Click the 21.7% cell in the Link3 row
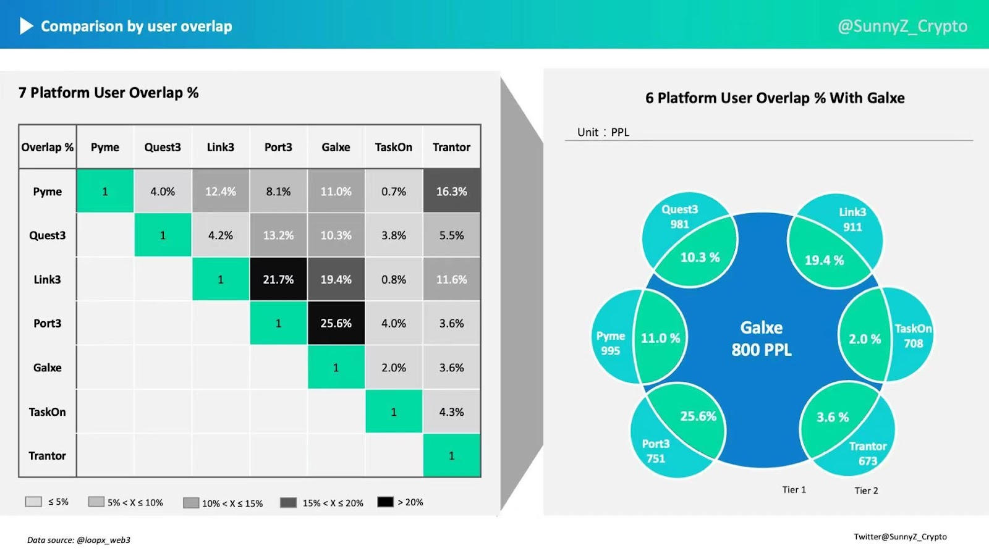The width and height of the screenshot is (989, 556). click(278, 279)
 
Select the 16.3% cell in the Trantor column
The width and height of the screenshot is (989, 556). click(451, 192)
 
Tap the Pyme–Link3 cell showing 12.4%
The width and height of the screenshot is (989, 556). click(221, 192)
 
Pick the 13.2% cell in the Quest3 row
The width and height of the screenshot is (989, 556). click(278, 235)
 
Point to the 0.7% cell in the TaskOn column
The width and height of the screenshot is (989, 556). click(394, 192)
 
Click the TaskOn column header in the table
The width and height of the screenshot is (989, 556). click(394, 147)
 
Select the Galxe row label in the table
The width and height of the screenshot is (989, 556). click(48, 368)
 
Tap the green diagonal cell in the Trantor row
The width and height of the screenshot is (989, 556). click(451, 456)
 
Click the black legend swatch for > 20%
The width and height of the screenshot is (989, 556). click(385, 502)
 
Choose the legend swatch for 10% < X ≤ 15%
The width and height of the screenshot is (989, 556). click(191, 503)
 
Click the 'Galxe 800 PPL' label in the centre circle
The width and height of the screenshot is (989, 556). click(762, 339)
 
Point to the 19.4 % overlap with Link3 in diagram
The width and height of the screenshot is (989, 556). click(824, 260)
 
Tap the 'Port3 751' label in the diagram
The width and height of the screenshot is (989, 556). click(656, 451)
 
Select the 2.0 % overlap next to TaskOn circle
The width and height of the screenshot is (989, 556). click(864, 339)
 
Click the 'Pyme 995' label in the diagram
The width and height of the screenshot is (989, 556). click(611, 343)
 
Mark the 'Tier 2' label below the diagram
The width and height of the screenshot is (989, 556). click(866, 491)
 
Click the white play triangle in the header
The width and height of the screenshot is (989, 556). click(26, 26)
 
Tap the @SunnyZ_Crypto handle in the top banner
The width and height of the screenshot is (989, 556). click(902, 26)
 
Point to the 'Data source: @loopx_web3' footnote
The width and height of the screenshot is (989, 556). click(79, 540)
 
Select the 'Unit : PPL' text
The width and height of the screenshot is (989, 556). click(603, 132)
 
